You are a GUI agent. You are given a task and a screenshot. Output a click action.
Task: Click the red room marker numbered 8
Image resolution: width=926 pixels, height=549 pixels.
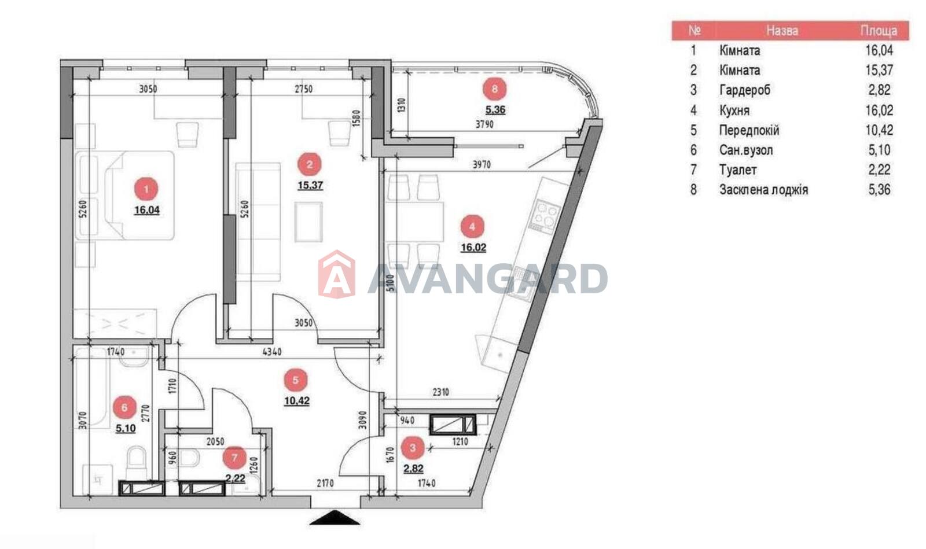(x=494, y=89)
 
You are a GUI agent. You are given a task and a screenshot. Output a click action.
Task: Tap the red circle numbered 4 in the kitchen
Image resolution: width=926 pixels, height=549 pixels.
(x=472, y=226)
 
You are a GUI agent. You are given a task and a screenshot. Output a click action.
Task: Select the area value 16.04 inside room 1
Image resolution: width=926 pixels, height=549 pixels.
(x=147, y=210)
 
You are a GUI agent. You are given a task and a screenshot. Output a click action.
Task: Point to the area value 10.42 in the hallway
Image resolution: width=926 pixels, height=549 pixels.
(x=297, y=401)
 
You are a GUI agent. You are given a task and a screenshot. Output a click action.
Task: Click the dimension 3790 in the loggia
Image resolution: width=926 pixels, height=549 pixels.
(x=484, y=124)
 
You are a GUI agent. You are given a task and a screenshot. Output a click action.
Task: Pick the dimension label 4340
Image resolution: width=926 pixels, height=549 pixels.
(x=272, y=352)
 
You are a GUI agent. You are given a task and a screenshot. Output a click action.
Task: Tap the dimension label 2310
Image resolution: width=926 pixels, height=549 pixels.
(x=440, y=392)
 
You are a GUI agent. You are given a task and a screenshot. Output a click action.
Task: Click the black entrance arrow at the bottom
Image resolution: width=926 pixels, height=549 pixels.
(x=335, y=518)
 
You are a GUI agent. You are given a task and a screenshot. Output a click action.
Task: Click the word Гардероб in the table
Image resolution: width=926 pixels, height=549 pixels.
(x=745, y=90)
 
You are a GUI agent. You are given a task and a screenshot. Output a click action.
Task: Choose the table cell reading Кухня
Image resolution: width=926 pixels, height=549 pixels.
(x=734, y=110)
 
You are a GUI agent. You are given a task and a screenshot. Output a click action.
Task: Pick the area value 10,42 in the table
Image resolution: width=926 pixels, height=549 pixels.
(x=879, y=130)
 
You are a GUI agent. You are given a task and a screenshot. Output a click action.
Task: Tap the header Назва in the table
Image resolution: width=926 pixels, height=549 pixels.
(x=782, y=31)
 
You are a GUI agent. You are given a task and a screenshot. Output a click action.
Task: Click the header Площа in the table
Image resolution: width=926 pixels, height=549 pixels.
(x=879, y=31)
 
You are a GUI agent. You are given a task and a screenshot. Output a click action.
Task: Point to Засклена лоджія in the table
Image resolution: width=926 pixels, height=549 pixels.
(x=763, y=190)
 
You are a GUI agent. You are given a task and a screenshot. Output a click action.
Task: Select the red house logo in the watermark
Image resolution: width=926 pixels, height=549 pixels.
(x=337, y=274)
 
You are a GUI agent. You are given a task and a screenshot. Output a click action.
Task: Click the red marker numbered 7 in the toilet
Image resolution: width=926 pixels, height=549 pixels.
(x=234, y=458)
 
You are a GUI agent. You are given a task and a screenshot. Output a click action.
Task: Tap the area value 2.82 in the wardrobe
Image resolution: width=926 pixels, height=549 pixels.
(x=413, y=469)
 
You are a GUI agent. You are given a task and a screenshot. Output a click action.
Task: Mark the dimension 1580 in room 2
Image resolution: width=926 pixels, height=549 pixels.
(x=357, y=118)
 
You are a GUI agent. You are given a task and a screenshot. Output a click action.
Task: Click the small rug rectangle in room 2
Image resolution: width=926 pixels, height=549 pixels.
(x=308, y=222)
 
